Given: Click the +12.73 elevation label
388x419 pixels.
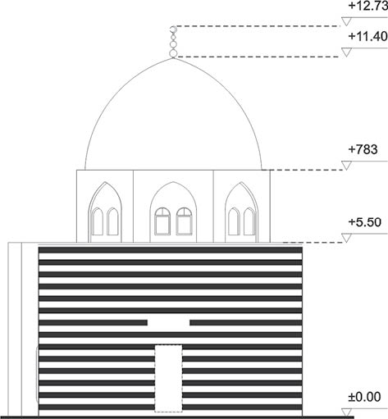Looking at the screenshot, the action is click(368, 7).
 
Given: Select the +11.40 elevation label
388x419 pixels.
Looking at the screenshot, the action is click(368, 36).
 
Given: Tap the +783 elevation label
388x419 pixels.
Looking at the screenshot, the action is click(363, 149).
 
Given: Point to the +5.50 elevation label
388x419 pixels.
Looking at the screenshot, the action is click(365, 222).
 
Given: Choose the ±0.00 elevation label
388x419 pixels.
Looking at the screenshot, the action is click(364, 397).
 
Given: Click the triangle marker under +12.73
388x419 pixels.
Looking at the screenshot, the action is click(346, 21).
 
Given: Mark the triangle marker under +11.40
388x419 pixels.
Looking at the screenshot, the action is click(346, 52).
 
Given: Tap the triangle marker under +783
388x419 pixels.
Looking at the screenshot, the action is click(346, 166).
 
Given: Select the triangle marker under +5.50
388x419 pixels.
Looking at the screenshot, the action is click(346, 238).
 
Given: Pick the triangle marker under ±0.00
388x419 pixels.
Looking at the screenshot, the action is click(346, 412).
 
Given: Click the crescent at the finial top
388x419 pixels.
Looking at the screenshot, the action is click(172, 30).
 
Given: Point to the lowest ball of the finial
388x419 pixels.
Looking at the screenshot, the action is click(173, 53).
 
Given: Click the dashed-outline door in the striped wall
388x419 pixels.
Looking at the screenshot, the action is click(168, 377).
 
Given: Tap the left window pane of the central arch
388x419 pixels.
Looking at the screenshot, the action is click(162, 221).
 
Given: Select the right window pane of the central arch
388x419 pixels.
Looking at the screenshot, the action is click(185, 221).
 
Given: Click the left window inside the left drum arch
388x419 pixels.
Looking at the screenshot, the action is click(97, 221).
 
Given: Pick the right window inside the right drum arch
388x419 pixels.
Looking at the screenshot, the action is click(249, 221).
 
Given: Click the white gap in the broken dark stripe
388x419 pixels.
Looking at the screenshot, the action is click(169, 323).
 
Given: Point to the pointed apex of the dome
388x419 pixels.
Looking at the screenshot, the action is click(173, 58).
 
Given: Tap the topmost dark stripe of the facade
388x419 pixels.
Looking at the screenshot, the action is click(171, 250).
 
